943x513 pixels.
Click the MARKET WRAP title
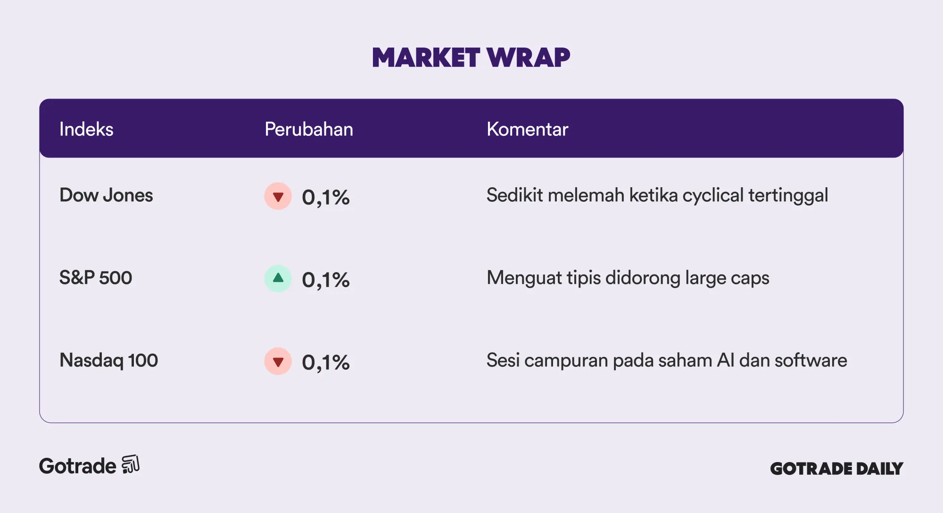coord(471,58)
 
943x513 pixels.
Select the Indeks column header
coord(86,129)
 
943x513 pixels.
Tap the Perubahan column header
coord(309,129)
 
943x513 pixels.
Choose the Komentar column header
coord(527,129)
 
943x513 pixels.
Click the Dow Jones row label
coord(106,195)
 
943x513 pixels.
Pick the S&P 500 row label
coord(96,278)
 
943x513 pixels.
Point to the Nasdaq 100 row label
coord(108,361)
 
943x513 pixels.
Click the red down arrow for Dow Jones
coord(278,196)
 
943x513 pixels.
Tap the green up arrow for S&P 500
coord(278,279)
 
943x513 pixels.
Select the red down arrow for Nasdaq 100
coord(278,361)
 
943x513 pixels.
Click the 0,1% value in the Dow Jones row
coord(326,198)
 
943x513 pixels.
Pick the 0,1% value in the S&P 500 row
coord(326,280)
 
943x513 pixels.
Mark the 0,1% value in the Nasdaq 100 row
coord(326,363)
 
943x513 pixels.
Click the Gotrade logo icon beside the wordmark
coord(131,464)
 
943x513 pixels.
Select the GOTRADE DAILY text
coord(836,469)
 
